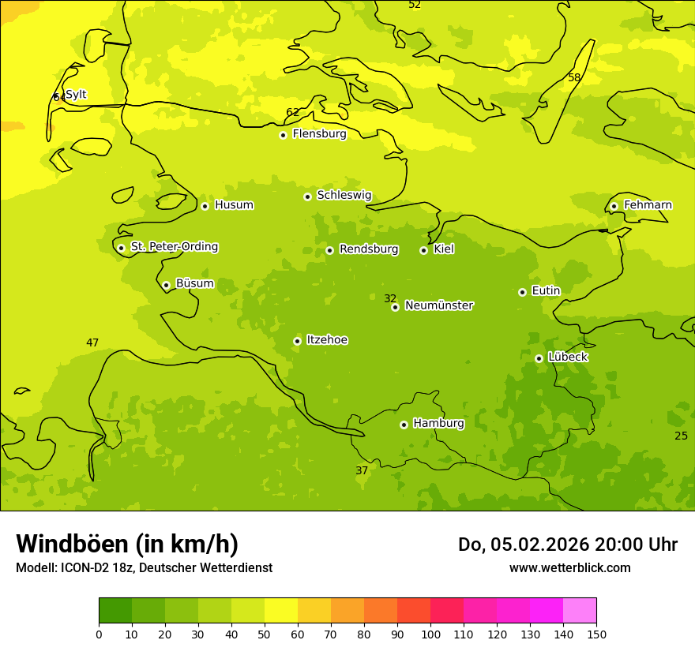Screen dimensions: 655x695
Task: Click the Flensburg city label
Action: click(x=319, y=134)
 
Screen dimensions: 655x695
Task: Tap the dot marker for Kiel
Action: click(x=423, y=250)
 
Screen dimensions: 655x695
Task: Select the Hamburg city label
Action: click(x=438, y=424)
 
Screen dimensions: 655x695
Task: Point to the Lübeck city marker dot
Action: click(x=539, y=358)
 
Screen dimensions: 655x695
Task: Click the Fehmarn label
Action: click(x=648, y=205)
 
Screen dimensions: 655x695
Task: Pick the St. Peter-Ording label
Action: click(x=174, y=247)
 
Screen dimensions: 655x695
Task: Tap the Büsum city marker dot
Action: click(x=166, y=285)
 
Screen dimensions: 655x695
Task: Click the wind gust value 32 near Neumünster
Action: click(x=390, y=298)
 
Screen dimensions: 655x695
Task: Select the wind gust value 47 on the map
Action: click(x=92, y=342)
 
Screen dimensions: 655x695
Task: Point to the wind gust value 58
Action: click(x=574, y=77)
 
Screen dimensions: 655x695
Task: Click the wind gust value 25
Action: click(x=681, y=436)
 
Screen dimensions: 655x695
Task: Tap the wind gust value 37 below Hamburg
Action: click(x=362, y=470)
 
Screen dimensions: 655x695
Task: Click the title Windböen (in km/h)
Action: click(x=127, y=544)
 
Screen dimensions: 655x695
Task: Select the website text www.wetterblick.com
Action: click(x=569, y=567)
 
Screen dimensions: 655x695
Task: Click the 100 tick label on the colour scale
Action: click(x=430, y=634)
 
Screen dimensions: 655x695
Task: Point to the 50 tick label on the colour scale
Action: click(x=265, y=634)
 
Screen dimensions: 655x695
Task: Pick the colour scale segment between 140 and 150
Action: click(x=580, y=611)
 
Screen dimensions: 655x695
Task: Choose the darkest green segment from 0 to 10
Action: click(x=115, y=611)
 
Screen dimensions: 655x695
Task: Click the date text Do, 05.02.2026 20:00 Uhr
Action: click(x=567, y=545)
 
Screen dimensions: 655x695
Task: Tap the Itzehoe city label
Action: click(x=327, y=340)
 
